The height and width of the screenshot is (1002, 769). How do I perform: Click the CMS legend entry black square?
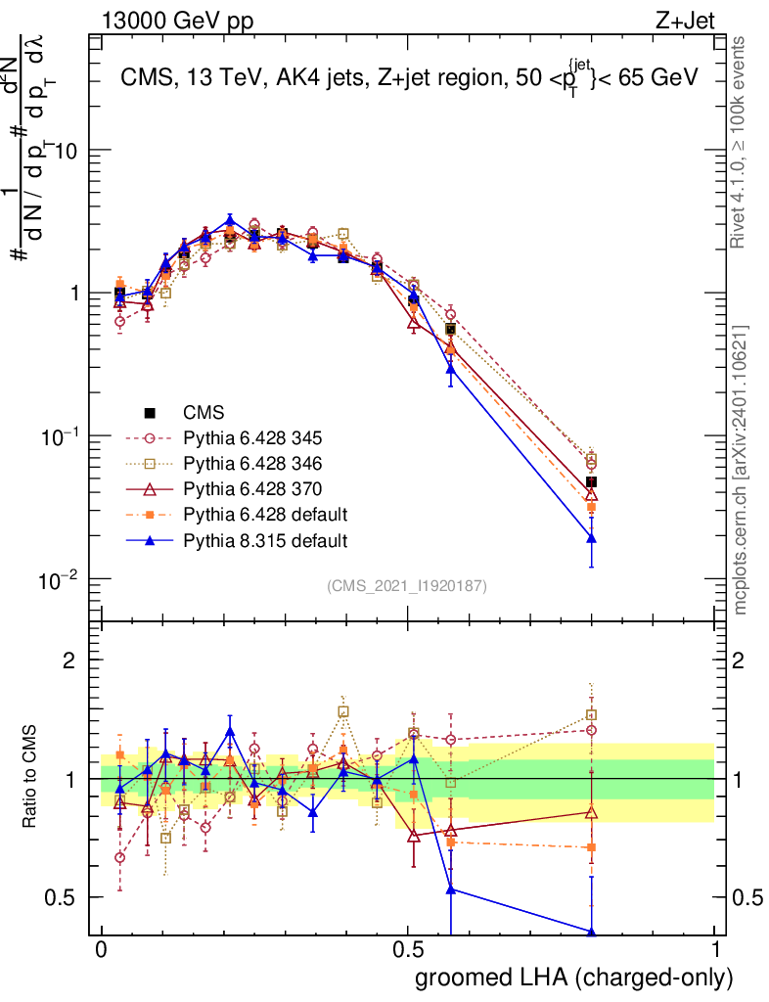[150, 412]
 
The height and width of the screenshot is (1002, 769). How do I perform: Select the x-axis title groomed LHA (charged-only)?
[575, 977]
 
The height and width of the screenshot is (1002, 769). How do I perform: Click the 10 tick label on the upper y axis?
[67, 151]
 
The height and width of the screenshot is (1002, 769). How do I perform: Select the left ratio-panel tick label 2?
[70, 660]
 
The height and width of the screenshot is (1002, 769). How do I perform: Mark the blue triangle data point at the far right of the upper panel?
[591, 538]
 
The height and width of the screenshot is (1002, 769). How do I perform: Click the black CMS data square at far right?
[591, 481]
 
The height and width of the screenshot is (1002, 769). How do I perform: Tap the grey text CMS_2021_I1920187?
[407, 585]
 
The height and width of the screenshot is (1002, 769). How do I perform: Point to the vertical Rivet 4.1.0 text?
[744, 138]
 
